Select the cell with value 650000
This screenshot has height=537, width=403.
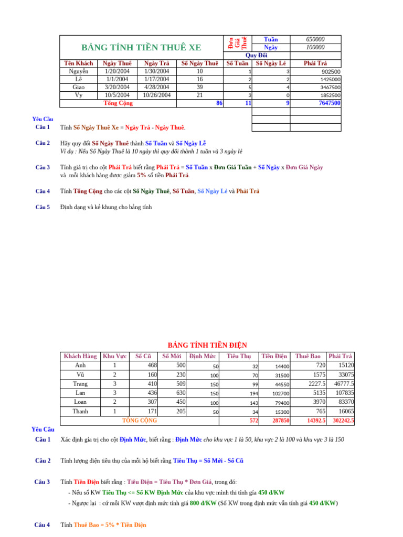click(x=315, y=39)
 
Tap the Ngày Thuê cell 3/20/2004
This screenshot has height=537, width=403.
click(x=117, y=87)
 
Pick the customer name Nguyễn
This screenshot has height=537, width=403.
click(x=79, y=71)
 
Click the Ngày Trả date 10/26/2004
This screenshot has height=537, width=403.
click(x=157, y=95)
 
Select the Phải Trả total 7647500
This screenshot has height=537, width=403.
click(x=330, y=103)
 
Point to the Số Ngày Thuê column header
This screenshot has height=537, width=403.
click(x=199, y=63)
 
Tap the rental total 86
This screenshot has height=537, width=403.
click(x=219, y=103)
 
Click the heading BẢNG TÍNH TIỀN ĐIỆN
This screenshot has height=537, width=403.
click(x=207, y=345)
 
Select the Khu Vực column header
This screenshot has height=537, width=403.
click(x=115, y=357)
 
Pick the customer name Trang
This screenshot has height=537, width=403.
click(x=80, y=384)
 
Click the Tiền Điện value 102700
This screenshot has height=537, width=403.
click(x=281, y=394)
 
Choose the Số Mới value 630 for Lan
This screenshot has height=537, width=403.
click(x=178, y=393)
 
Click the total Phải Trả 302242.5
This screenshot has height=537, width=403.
click(x=343, y=421)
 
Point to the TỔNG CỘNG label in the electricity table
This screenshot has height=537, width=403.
click(x=139, y=421)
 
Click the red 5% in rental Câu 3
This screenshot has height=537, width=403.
click(x=141, y=175)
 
